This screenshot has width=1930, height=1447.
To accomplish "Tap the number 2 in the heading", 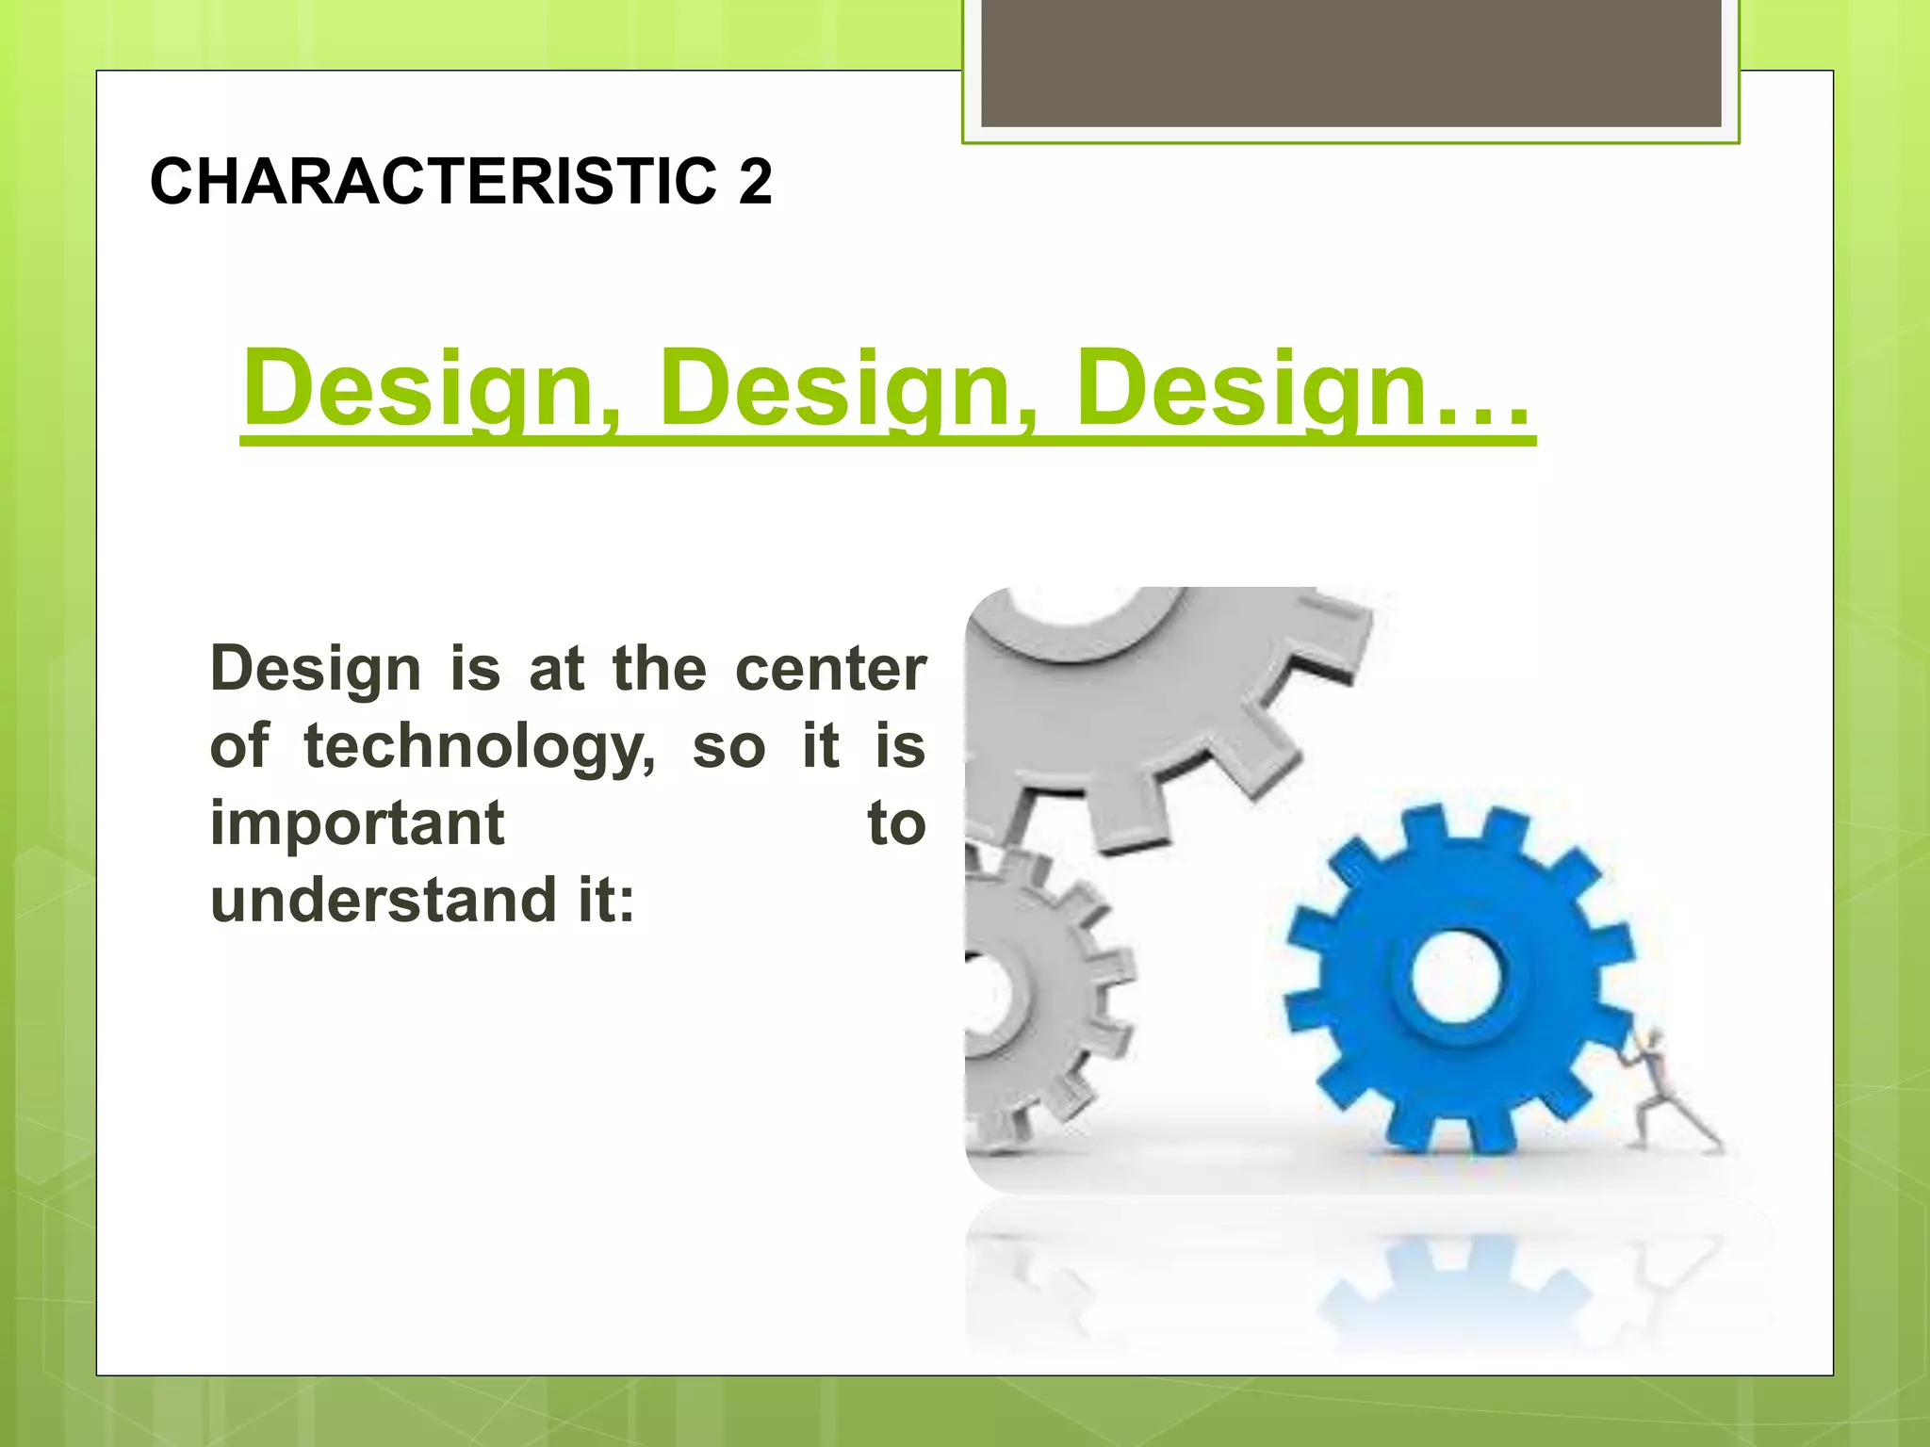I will coord(755,181).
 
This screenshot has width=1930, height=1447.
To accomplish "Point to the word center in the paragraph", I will coord(830,670).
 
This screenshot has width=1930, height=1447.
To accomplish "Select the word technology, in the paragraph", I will coord(479,748).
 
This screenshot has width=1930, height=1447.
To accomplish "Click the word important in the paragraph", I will coord(357,823).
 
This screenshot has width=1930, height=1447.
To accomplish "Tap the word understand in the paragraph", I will coord(383,901).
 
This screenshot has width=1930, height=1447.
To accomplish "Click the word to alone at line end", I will coord(896,823).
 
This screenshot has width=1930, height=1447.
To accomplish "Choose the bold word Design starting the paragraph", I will coord(315,670).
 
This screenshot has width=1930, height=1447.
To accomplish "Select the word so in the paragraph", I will coord(728,748).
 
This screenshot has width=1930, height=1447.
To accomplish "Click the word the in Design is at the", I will coord(659,670).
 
